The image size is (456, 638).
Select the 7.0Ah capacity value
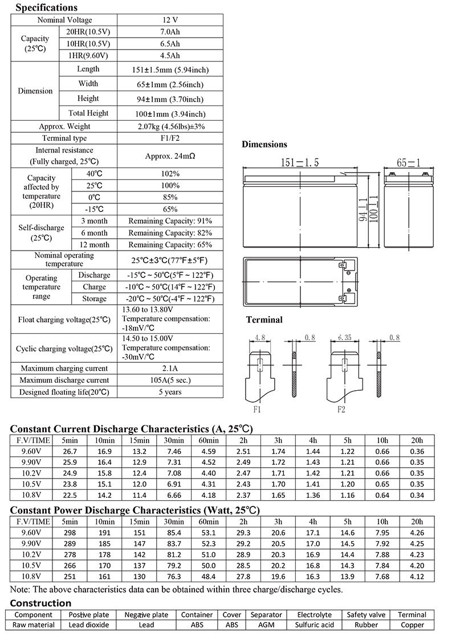[x=171, y=32]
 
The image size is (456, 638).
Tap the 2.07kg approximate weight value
[x=171, y=126]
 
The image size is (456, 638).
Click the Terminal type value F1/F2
[x=171, y=138]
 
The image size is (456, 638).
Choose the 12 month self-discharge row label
[x=95, y=244]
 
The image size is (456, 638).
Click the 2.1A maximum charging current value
[x=171, y=369]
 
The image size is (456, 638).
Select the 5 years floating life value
[x=171, y=392]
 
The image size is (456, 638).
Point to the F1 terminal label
[x=257, y=409]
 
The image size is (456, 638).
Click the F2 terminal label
[x=341, y=409]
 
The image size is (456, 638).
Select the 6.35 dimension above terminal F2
[x=344, y=338]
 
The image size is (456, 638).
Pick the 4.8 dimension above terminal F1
[x=260, y=338]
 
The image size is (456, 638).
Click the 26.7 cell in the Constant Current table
[x=69, y=451]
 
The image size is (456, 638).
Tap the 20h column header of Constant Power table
[x=417, y=521]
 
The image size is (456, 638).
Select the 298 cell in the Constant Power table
[x=69, y=533]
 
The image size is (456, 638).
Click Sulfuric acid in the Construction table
[x=314, y=625]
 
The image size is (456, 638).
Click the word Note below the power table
[x=20, y=590]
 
